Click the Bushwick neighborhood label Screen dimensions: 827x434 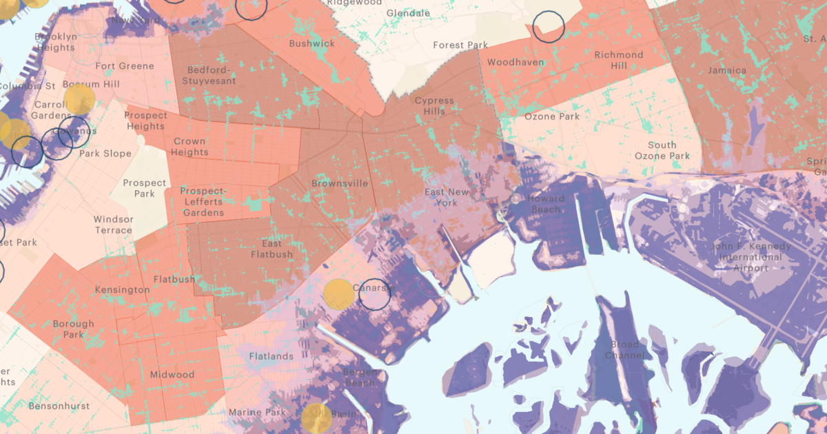click(x=312, y=43)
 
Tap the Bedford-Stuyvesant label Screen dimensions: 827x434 click(x=208, y=76)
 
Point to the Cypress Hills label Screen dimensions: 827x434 click(x=434, y=105)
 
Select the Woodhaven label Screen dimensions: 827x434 click(x=515, y=63)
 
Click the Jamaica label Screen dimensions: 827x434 click(x=727, y=70)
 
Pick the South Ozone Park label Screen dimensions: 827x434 click(x=662, y=150)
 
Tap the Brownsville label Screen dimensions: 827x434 click(x=340, y=184)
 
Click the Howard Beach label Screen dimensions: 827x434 click(x=546, y=204)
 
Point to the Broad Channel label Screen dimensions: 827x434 click(x=625, y=350)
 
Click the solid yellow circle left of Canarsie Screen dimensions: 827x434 click(x=339, y=293)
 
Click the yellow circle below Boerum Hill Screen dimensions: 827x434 click(x=79, y=100)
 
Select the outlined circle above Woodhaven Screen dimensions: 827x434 click(x=549, y=27)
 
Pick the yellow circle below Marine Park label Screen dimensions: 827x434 click(x=316, y=417)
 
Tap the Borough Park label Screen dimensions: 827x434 click(x=73, y=329)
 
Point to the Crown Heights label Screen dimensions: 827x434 click(x=190, y=147)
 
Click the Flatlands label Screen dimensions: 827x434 click(x=270, y=357)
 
